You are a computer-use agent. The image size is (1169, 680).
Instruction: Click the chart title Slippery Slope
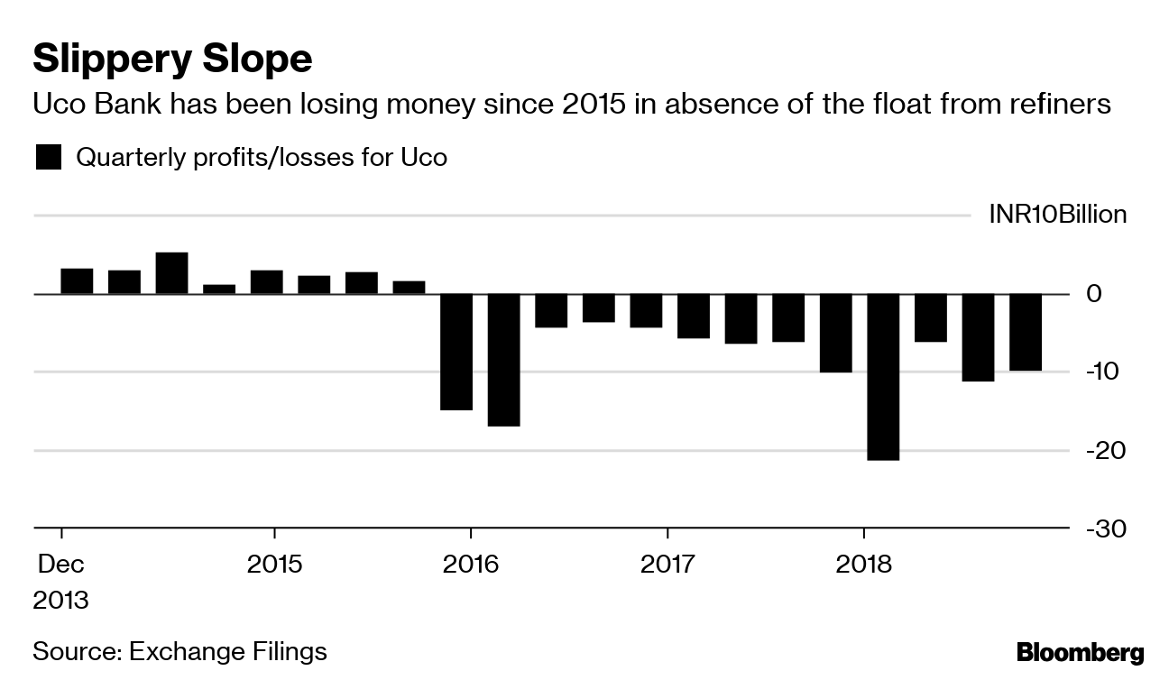172,60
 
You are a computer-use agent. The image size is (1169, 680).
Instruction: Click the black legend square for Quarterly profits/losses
48,158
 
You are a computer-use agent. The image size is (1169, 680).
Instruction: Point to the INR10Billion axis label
1057,215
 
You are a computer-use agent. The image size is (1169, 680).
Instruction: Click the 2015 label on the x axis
274,565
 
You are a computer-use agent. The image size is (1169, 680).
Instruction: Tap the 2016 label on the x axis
471,565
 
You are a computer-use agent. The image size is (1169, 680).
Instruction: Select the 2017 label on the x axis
667,565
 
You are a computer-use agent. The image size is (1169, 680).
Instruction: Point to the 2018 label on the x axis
863,565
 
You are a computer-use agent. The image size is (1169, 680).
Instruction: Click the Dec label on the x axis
60,565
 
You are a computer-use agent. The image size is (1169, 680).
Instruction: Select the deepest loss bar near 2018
883,377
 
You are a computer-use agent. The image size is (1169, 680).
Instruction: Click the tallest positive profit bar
171,273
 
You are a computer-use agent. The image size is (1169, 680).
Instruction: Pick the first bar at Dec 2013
77,281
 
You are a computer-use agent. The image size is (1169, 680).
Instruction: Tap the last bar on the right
1026,332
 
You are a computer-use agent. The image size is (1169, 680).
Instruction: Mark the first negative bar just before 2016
456,352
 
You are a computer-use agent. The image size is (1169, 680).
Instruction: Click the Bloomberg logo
1080,652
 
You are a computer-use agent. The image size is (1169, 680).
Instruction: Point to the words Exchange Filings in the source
227,651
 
